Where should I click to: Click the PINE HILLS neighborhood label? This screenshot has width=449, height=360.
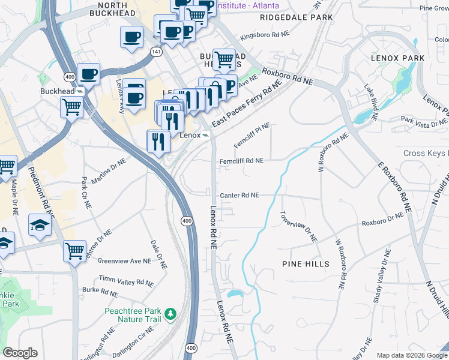coord(305,264)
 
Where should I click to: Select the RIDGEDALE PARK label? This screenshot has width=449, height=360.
coord(304,17)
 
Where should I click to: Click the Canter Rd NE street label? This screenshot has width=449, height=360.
coord(239,196)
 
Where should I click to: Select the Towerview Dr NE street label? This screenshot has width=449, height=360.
coord(298,227)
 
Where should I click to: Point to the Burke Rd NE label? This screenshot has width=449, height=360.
coord(100,292)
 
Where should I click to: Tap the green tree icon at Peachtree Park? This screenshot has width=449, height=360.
coord(171,313)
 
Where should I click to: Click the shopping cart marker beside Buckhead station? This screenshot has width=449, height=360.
coord(71,108)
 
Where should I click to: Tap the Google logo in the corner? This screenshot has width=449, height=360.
coord(20,352)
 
